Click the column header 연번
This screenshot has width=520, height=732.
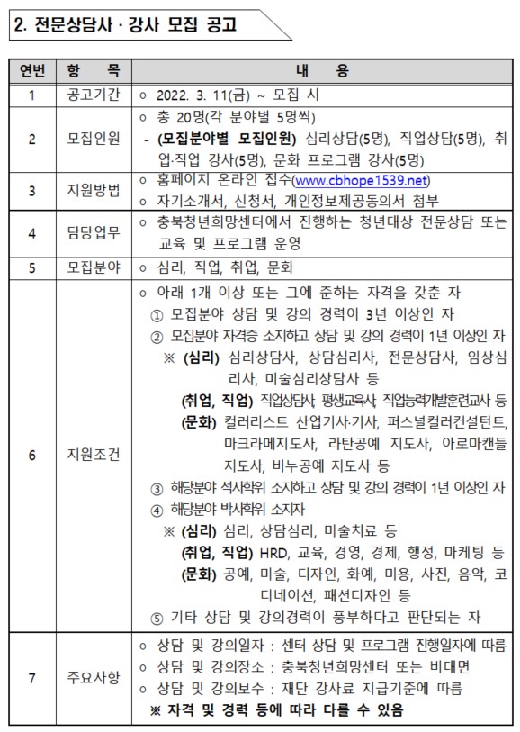point(31,71)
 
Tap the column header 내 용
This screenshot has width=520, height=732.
point(321,71)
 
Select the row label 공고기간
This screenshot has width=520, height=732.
point(92,95)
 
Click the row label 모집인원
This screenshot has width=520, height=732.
point(92,139)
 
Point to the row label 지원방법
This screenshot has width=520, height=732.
point(92,190)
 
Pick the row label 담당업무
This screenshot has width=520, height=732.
point(92,232)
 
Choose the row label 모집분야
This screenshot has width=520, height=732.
point(92,267)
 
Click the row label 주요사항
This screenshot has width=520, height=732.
point(92,677)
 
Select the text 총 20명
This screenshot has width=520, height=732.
point(178,117)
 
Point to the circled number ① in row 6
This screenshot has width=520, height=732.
point(157,314)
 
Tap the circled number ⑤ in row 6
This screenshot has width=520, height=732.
point(157,617)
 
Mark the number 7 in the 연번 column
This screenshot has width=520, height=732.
point(31,677)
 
